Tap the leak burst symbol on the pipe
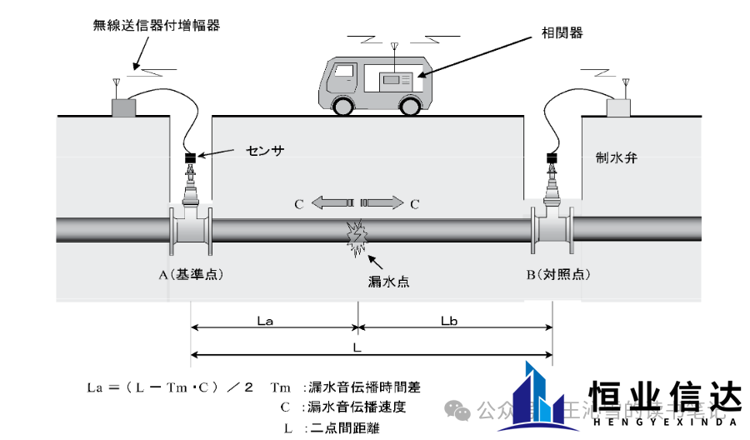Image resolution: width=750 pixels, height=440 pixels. pos(357,237)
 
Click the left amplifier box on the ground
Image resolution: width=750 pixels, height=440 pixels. pos(125,107)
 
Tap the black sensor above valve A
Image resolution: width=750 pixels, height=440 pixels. pos(191,157)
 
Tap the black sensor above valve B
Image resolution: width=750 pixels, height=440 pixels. pos(551,157)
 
